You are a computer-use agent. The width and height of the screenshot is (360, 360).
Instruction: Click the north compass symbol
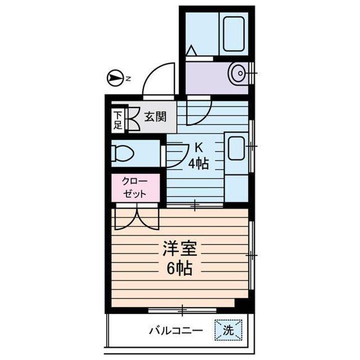[115, 78]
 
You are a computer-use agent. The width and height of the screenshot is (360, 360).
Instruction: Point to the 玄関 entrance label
[155, 117]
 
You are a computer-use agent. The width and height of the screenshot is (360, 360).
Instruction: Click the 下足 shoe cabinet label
[117, 120]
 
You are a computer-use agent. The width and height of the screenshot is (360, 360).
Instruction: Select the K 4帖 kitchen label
[198, 156]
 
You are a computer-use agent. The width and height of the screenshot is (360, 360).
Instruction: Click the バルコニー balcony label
[175, 330]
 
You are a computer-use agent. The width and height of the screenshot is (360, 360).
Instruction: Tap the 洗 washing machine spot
[228, 330]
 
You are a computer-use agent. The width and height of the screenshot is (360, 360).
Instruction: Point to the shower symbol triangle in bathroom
[191, 51]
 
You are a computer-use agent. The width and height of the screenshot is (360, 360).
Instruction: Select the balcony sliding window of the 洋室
[182, 310]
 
